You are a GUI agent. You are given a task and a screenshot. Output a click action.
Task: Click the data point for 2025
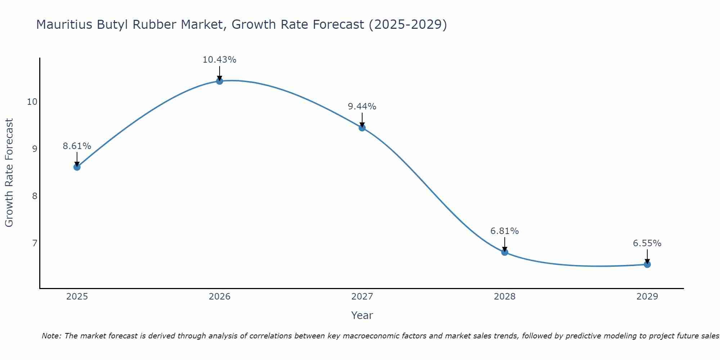pos(77,167)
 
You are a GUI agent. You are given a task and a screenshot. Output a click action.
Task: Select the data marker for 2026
pos(219,81)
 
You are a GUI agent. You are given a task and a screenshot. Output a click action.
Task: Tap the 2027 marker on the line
pos(362,128)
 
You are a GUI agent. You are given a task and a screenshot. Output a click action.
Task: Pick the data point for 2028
pos(504,252)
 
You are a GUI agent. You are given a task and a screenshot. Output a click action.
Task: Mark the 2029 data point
pos(647,264)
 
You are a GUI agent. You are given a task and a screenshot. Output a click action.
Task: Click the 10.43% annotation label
pos(219,60)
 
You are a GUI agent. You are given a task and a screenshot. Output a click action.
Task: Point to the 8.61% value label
pos(77,146)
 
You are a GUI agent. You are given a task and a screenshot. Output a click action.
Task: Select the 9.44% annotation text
pos(362,107)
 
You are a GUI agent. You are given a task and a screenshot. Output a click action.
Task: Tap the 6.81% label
pos(504,231)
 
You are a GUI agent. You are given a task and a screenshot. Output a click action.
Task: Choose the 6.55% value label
pos(647,243)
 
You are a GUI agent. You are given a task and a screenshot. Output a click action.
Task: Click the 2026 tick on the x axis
pos(219,297)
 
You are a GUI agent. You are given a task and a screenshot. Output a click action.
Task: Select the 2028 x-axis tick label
pos(504,297)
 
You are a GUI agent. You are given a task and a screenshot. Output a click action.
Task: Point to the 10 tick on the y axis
pos(32,102)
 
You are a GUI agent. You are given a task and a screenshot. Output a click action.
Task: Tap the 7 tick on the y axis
pos(35,243)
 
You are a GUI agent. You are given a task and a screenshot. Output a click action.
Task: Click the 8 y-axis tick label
pos(35,196)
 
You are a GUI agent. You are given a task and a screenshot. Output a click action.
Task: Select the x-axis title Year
pos(362,315)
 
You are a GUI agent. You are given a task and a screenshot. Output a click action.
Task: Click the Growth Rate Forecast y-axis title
pos(9,173)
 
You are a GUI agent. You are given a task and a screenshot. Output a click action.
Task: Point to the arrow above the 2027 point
pos(362,120)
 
